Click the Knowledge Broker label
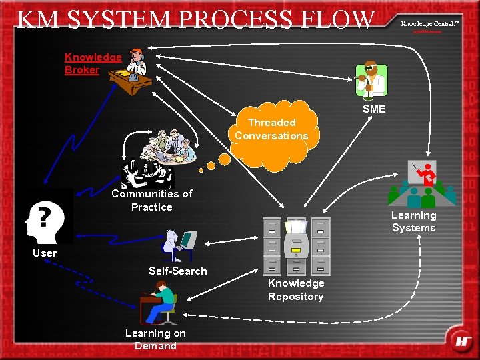pos(93,63)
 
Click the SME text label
pos(373,109)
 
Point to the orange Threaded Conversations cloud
pos(272,130)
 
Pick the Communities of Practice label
pos(151,200)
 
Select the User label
pos(45,253)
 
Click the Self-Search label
pos(177,271)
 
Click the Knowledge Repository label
pos(296,289)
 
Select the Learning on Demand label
pos(155,339)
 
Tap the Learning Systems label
pos(413,221)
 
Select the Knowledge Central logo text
pos(430,23)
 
